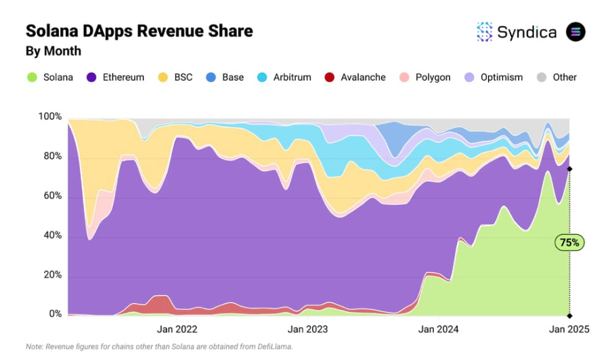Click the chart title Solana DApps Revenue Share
click(139, 30)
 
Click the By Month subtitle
click(53, 51)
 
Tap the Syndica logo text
click(527, 32)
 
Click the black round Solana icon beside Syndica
click(575, 32)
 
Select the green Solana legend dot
click(32, 77)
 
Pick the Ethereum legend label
click(123, 77)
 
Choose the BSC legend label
click(183, 77)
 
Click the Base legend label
click(232, 77)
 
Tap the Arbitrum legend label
click(292, 77)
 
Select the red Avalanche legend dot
click(330, 77)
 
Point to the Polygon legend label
click(433, 77)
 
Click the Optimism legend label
click(501, 77)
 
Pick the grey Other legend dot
click(541, 77)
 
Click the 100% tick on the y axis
click(49, 117)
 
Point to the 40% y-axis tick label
click(51, 236)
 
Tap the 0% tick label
click(55, 315)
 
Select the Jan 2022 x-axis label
click(177, 330)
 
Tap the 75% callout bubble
click(569, 242)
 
